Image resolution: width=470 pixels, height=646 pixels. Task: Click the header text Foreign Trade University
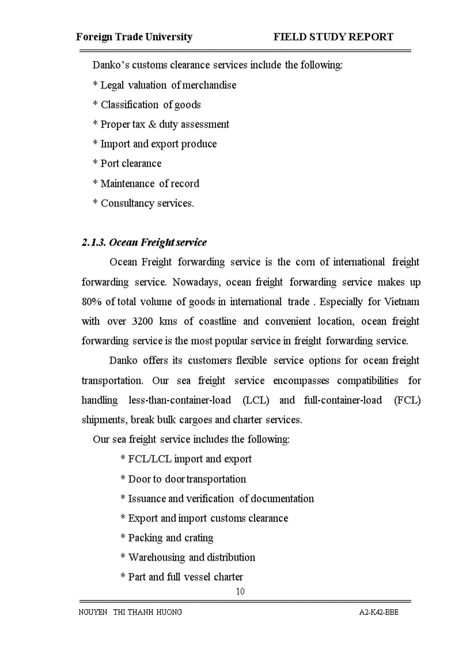[x=134, y=37]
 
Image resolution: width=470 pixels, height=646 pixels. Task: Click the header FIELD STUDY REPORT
[x=333, y=37]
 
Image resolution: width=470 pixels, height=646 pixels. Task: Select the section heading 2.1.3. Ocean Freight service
[x=144, y=242]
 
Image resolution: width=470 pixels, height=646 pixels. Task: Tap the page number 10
[x=240, y=591]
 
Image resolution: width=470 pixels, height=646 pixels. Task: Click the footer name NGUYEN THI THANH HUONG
[x=130, y=612]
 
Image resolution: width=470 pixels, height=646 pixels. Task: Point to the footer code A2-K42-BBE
[x=378, y=612]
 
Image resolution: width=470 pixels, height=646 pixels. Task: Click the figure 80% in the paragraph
[x=92, y=302]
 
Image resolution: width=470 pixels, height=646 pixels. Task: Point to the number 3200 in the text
[x=142, y=322]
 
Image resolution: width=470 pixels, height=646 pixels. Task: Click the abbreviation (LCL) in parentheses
[x=255, y=400]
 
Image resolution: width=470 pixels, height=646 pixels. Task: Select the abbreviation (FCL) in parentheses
[x=407, y=400]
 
